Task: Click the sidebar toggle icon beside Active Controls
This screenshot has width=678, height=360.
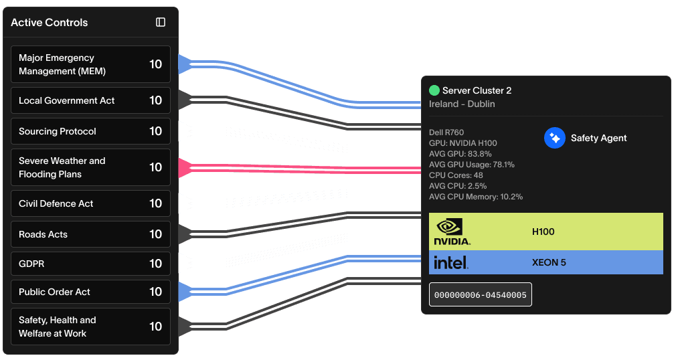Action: (161, 22)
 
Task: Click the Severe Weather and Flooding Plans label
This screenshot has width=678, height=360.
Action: (62, 167)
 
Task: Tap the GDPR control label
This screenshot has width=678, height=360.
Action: (31, 264)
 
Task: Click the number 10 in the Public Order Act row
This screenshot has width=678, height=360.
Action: (155, 292)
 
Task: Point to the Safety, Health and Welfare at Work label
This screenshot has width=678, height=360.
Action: (58, 327)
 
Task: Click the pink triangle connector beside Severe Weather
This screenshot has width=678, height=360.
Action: (185, 167)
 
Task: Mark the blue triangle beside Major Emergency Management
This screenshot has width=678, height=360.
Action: (185, 64)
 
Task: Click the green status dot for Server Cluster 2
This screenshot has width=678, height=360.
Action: (434, 90)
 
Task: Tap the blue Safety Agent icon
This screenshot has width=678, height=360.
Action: (555, 138)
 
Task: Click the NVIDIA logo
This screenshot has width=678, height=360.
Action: (452, 232)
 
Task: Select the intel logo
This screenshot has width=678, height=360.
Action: (451, 262)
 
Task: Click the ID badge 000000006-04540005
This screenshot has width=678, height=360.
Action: (480, 294)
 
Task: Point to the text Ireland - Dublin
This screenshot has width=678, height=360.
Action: (462, 104)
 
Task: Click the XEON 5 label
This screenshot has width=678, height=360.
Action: (549, 262)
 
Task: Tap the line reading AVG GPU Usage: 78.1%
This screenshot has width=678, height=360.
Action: (472, 165)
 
